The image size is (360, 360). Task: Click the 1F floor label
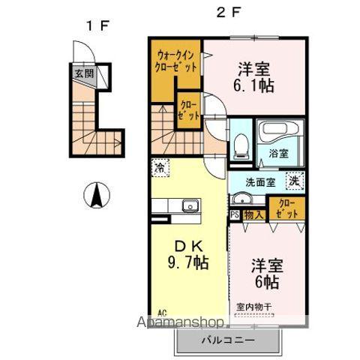tap(97, 25)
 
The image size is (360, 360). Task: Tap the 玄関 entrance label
tap(82, 73)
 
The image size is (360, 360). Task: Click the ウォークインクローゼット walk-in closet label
tap(177, 60)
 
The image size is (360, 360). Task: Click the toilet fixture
tap(241, 145)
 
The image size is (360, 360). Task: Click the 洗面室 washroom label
tap(262, 181)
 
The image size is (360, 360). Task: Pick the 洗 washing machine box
tap(296, 181)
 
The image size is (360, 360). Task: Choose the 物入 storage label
tap(253, 214)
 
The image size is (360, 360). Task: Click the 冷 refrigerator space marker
tap(159, 168)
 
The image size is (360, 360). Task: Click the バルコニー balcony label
tap(227, 340)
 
